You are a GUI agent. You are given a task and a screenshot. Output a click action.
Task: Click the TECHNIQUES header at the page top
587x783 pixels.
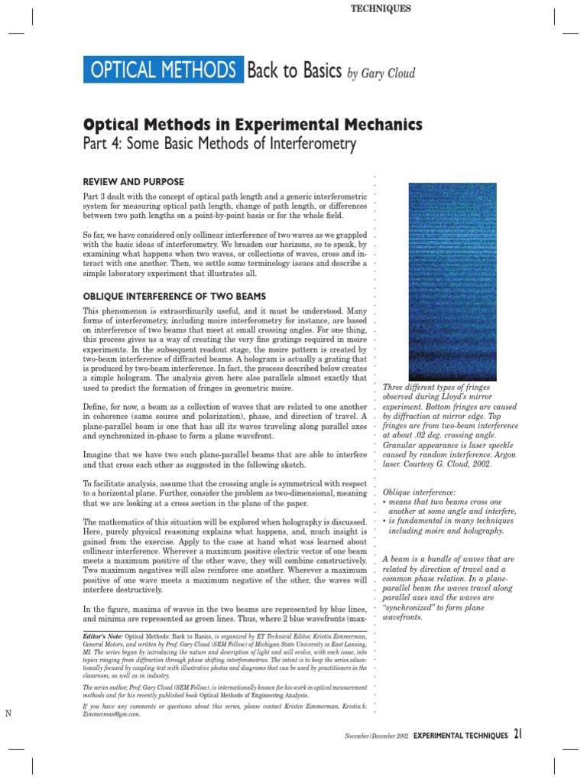tap(380, 8)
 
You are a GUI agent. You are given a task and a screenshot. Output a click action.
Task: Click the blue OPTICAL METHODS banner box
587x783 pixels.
tap(163, 71)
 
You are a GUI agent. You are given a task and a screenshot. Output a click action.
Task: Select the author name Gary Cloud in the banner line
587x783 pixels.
tap(393, 73)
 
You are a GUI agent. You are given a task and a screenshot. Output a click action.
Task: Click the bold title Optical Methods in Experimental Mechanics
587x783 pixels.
tap(252, 124)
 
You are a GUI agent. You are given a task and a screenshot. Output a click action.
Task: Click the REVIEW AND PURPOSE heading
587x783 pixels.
tap(133, 181)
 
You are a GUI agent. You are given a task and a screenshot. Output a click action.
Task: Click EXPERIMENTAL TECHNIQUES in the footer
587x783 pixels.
tap(460, 736)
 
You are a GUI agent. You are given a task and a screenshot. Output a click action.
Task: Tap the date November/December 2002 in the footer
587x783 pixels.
tap(375, 736)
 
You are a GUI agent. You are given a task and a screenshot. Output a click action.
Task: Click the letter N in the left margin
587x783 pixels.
tap(8, 713)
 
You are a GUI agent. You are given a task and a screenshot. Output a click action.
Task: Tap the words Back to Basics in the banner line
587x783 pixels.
tap(293, 71)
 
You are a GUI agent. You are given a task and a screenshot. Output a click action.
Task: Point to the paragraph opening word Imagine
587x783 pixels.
tap(100, 453)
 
